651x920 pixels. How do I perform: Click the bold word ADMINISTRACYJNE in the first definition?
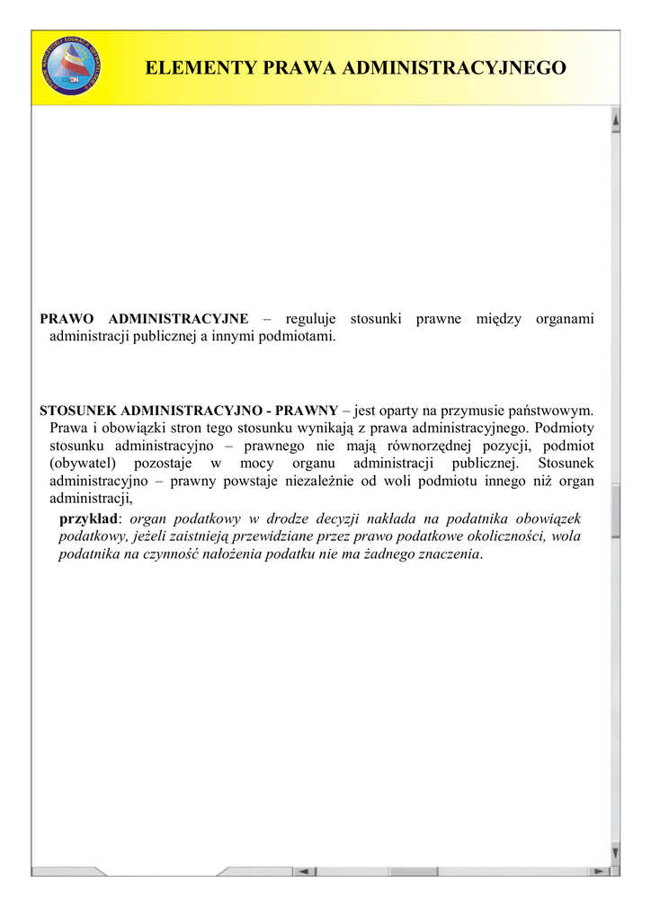[x=178, y=320]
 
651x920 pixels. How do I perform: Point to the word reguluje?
[x=310, y=320]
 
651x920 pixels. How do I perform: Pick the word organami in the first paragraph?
[x=565, y=320]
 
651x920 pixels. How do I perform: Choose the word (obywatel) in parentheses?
[x=83, y=464]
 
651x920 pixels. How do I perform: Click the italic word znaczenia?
[x=448, y=554]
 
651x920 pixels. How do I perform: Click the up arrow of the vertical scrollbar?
[x=615, y=119]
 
